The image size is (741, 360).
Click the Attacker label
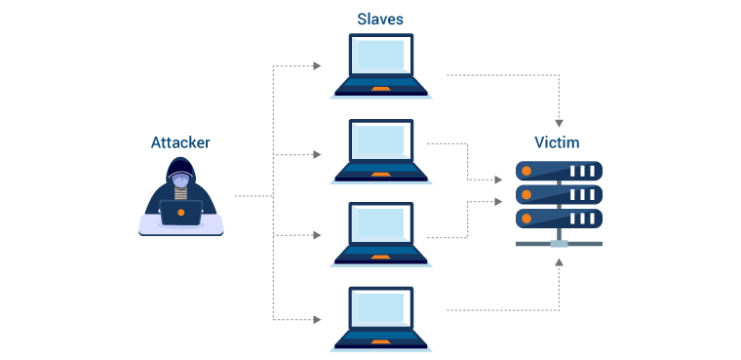coord(179,142)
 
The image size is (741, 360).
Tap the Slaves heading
coord(379,19)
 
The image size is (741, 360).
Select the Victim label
coord(557,142)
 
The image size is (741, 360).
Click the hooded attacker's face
coord(180,178)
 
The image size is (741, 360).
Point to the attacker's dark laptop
coord(181,213)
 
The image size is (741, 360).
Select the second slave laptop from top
coord(380,149)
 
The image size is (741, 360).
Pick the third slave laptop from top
coord(380,232)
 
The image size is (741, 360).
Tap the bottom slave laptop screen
coord(380,315)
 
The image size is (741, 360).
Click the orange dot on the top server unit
coord(526,171)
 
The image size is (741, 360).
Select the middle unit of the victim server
coord(558,194)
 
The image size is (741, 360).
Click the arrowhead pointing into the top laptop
coord(317,66)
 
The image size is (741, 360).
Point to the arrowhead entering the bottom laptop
coord(317,319)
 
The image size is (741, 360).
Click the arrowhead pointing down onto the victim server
coord(559,123)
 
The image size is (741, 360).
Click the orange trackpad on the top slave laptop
coord(380,89)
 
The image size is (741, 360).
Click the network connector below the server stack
coord(559,243)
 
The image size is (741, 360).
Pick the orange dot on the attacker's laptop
coord(181,213)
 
